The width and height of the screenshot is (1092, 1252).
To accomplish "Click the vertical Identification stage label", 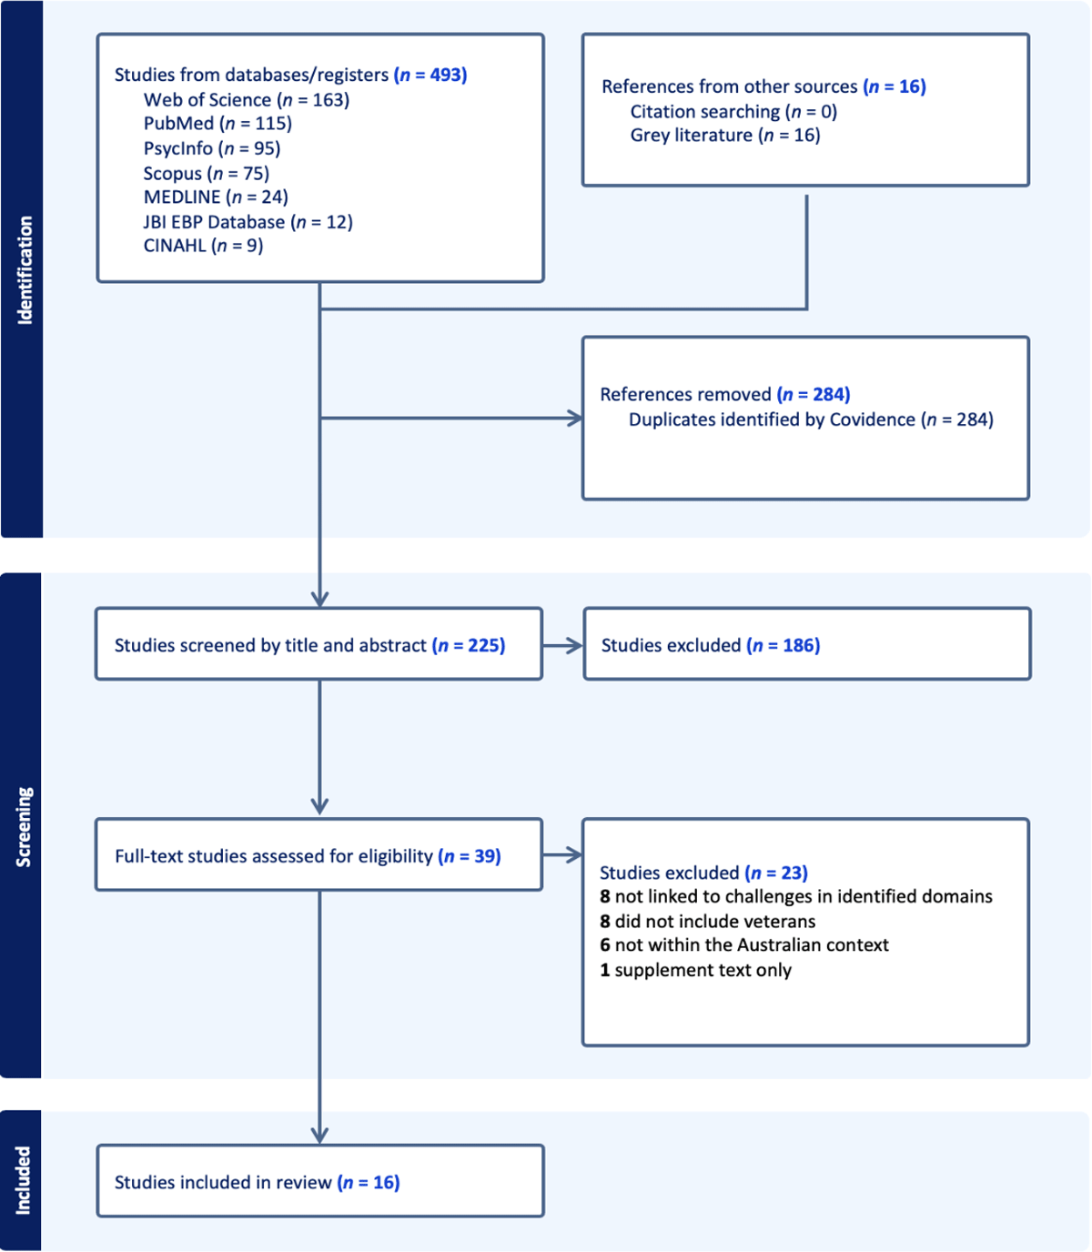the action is tap(25, 270).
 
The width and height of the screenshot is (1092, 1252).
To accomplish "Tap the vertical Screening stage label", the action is tap(24, 827).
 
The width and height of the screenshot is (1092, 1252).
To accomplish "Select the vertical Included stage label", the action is tap(24, 1180).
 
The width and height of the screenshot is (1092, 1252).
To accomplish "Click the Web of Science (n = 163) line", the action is tap(247, 100).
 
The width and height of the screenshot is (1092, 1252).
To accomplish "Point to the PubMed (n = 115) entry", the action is tap(217, 124).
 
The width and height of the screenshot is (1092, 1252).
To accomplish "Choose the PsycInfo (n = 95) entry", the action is tap(212, 148).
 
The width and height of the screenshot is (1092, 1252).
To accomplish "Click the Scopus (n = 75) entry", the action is tap(207, 173).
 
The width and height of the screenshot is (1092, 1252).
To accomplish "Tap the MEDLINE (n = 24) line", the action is tap(216, 197).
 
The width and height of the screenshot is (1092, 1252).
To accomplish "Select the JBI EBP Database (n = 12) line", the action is tap(248, 221).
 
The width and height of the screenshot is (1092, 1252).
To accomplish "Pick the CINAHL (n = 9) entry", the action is tap(203, 246).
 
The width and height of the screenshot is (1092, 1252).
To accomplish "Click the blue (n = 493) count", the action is tap(430, 75).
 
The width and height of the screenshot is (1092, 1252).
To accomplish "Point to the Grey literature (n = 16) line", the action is tap(725, 136).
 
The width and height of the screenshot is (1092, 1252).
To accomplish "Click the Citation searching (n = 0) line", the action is tap(733, 111).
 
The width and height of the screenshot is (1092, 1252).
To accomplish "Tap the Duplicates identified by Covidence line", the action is tap(811, 419).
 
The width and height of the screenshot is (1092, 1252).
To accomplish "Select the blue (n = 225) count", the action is tap(469, 646).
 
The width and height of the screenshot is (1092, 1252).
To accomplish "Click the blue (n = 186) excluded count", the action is tap(784, 646).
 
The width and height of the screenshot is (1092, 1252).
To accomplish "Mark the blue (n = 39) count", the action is tap(470, 856).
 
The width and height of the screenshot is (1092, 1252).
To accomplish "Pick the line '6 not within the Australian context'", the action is tap(743, 944).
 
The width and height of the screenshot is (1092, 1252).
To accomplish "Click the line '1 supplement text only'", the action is tap(695, 970).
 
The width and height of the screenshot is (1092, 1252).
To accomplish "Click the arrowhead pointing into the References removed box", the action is tap(575, 419).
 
